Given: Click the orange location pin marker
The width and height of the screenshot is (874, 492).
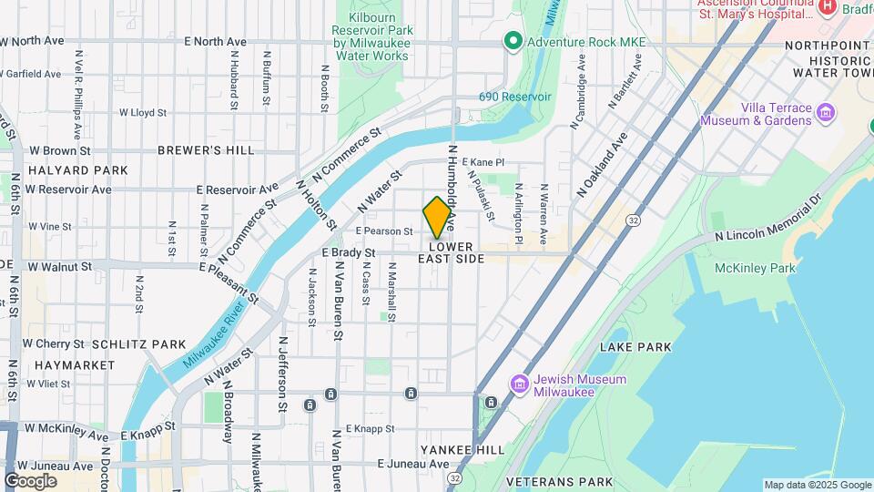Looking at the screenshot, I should click(437, 218).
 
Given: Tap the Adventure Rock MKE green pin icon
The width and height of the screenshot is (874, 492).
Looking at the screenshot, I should click(512, 41).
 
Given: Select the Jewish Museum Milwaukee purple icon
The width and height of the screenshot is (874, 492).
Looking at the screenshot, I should click(520, 384).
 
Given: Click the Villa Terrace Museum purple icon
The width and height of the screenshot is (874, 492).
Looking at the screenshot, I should click(826, 113).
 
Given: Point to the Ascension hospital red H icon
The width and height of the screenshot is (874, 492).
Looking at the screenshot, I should click(827, 7).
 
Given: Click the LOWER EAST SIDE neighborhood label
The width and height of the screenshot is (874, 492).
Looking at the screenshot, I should click(451, 252).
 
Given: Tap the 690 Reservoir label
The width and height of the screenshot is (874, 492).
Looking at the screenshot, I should click(515, 96).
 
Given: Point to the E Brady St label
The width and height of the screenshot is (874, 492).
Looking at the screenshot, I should click(349, 252).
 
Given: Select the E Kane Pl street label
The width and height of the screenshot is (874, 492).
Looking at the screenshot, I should click(483, 162).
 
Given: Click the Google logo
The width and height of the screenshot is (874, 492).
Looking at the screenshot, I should click(30, 481).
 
